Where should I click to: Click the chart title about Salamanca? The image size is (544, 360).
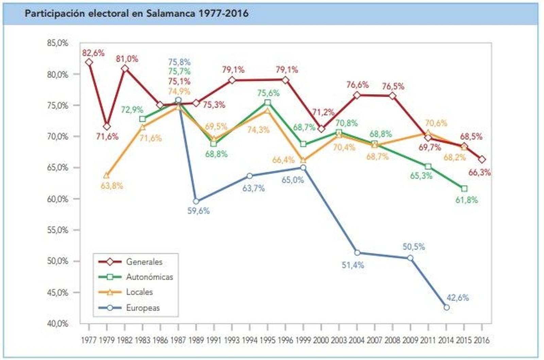click(136, 14)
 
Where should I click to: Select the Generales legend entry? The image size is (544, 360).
click(144, 262)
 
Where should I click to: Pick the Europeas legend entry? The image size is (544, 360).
click(143, 308)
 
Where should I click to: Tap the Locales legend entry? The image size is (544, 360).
click(139, 292)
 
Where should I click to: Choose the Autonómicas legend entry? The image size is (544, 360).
click(149, 277)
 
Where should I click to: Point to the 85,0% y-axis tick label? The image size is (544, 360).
click(58, 43)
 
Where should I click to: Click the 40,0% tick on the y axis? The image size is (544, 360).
click(58, 324)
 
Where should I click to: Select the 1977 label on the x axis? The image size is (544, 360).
click(89, 340)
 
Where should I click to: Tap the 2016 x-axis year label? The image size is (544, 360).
click(481, 340)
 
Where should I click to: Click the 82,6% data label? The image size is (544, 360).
click(93, 53)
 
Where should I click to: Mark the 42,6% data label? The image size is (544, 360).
click(458, 298)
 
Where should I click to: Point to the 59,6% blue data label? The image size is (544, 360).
click(199, 211)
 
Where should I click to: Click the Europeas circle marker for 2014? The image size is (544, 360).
click(446, 307)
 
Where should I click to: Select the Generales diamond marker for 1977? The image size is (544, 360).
click(89, 62)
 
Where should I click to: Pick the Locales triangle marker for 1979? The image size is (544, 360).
click(107, 176)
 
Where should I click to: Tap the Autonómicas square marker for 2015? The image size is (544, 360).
click(464, 189)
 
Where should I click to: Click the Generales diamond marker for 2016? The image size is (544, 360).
click(482, 159)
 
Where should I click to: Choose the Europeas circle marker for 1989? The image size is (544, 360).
click(196, 201)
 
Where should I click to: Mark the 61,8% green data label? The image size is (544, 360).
click(466, 200)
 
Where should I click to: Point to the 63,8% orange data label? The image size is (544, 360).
click(112, 186)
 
